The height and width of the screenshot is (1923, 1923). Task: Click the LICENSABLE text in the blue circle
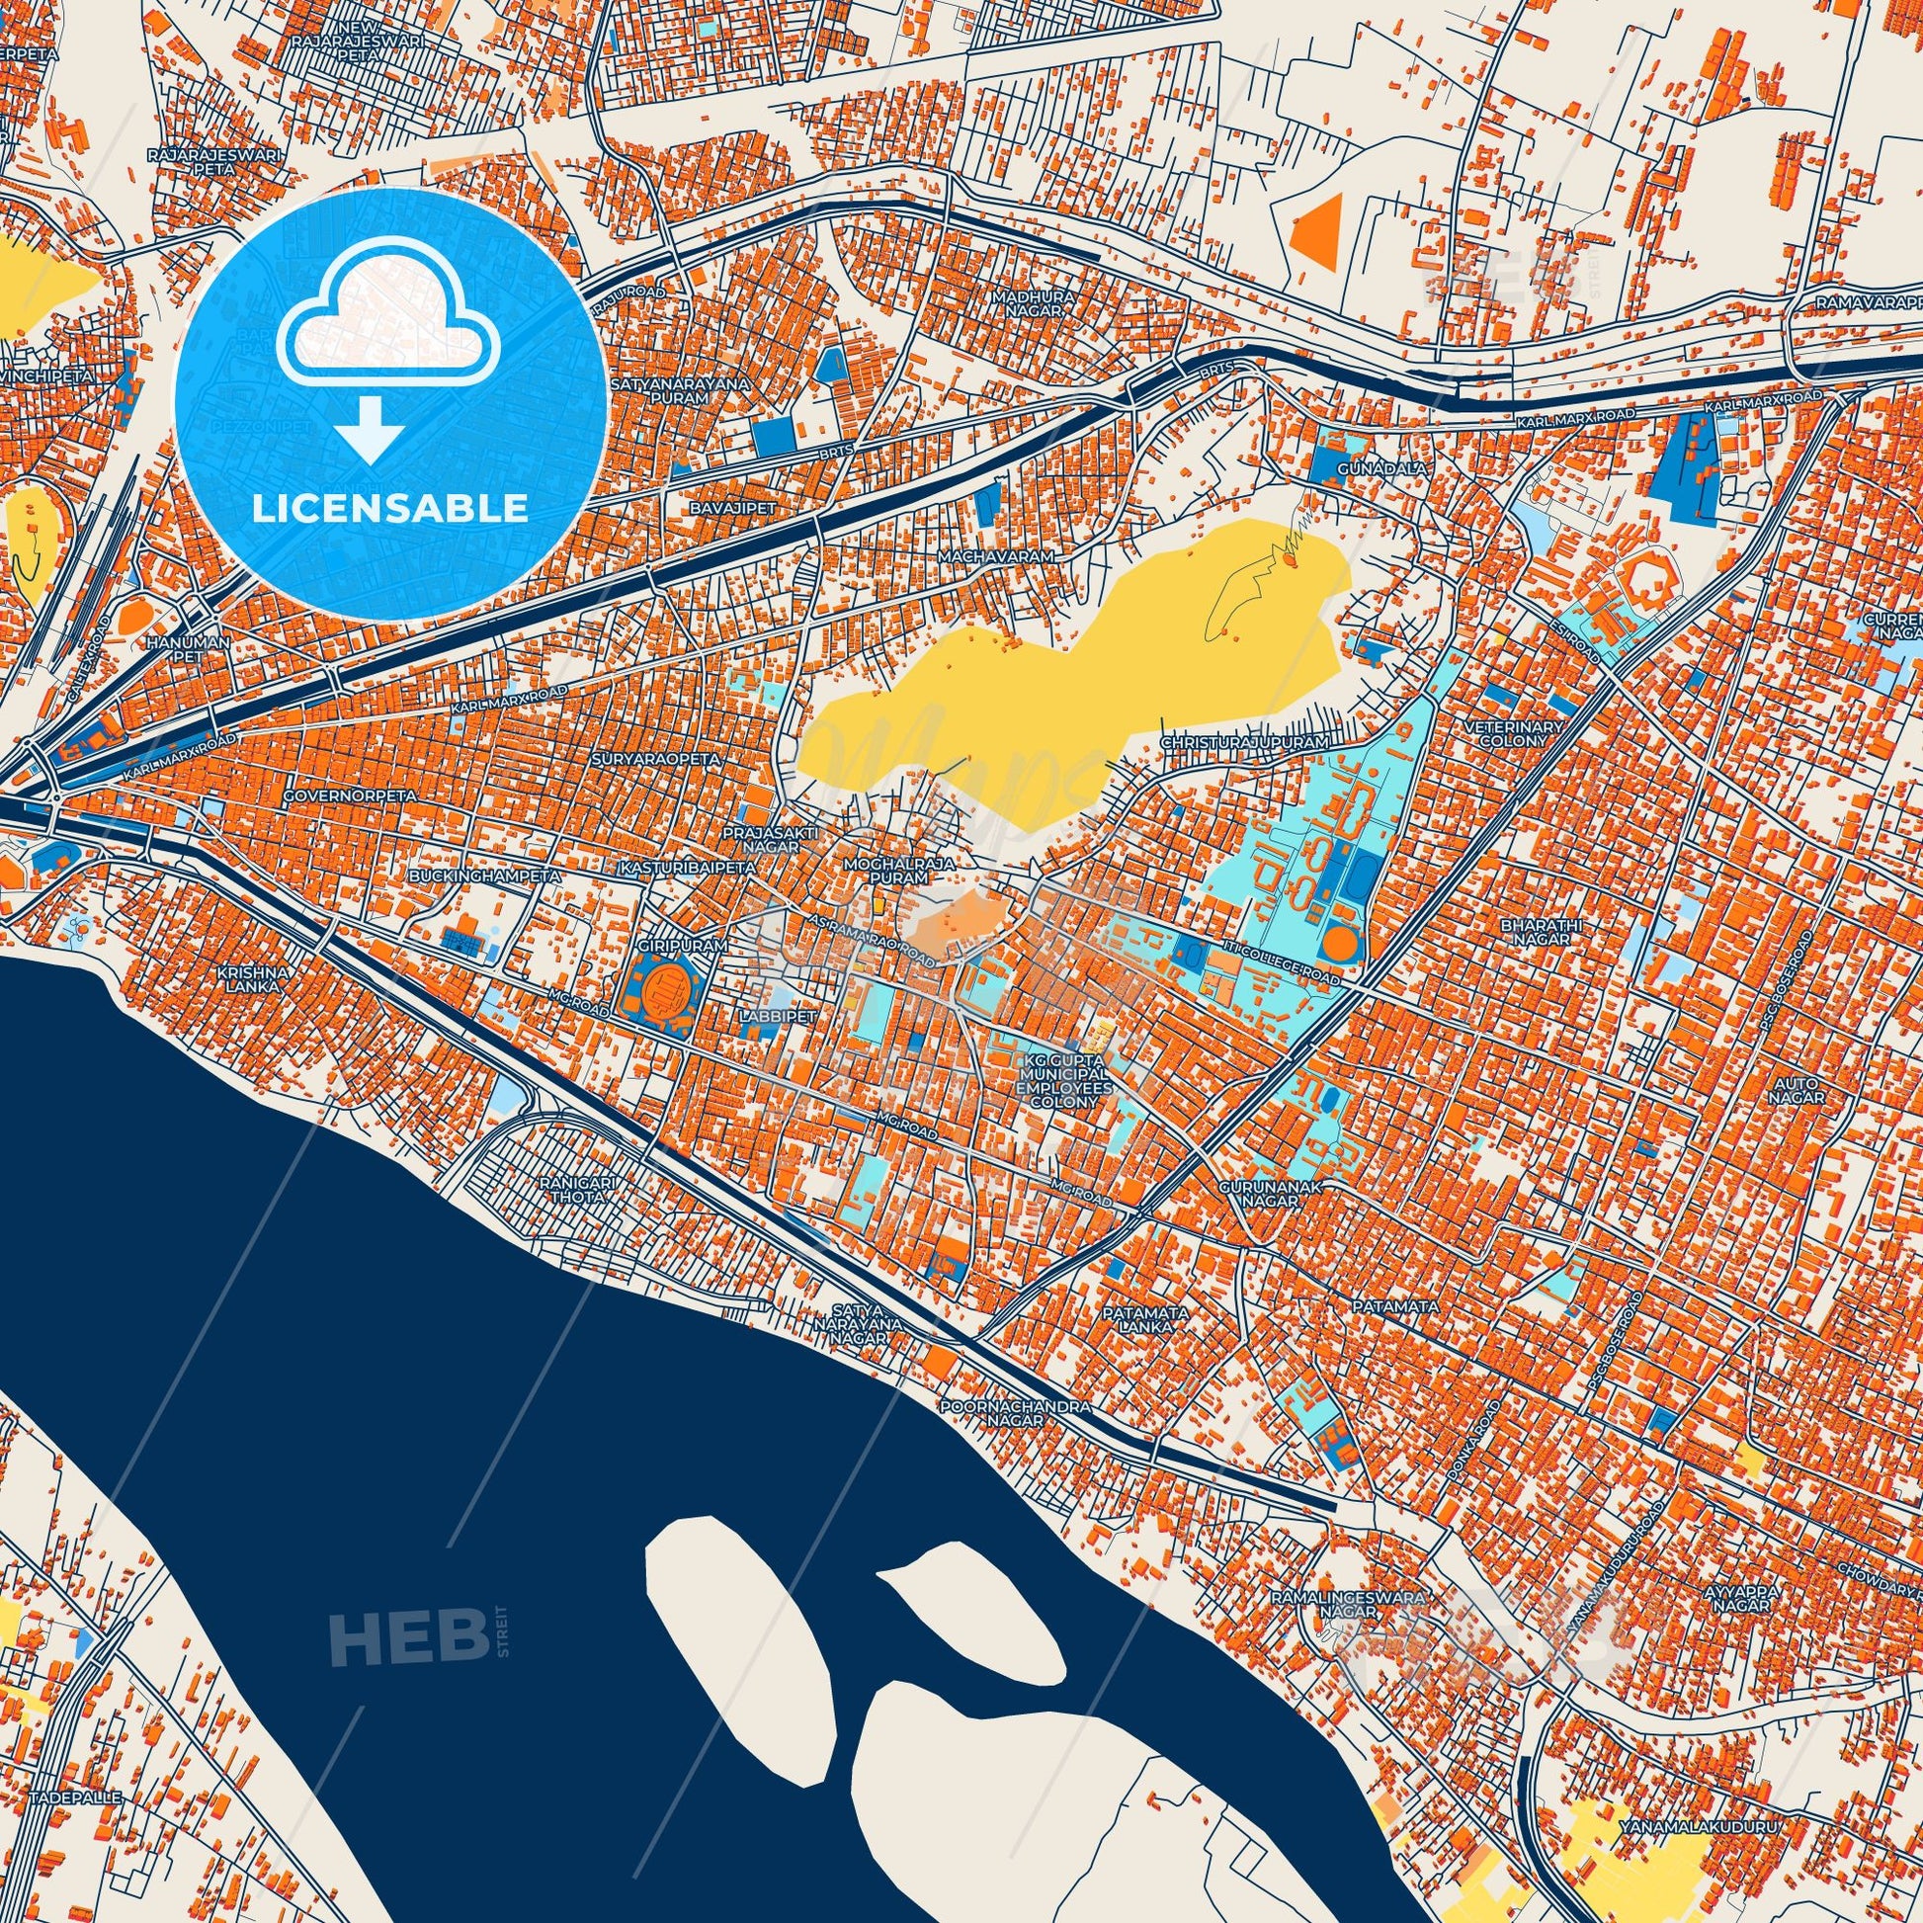pos(390,509)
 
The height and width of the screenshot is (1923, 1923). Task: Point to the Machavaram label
pos(995,557)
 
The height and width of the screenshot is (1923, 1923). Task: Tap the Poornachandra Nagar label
pos(1016,1414)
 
